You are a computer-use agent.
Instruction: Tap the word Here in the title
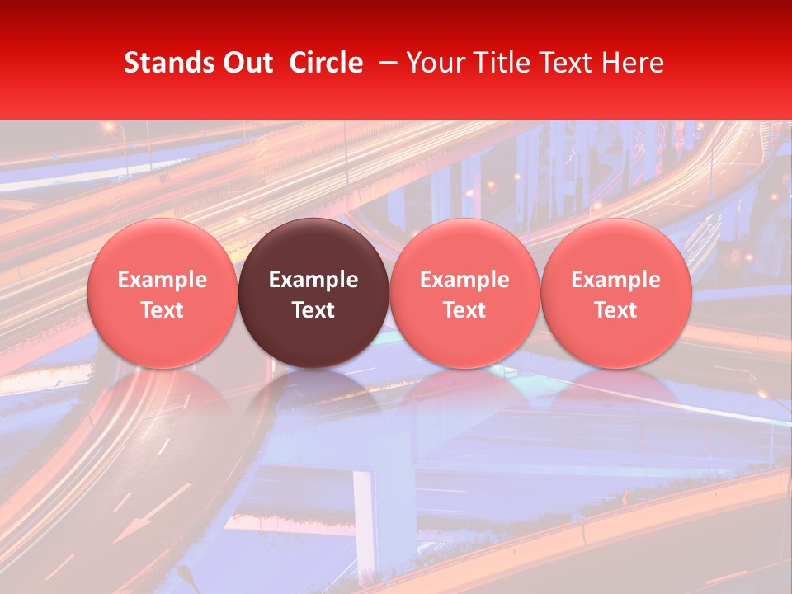coord(634,63)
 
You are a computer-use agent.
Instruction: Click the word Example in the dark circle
coord(313,280)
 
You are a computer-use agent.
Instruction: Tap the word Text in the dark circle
coord(313,310)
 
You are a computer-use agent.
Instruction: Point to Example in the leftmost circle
coord(162,280)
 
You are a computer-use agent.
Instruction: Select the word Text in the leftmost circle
coord(162,310)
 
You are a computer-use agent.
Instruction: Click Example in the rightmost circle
coord(616,280)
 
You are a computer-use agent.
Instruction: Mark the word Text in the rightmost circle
coord(616,310)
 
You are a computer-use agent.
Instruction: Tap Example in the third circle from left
coord(464,280)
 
